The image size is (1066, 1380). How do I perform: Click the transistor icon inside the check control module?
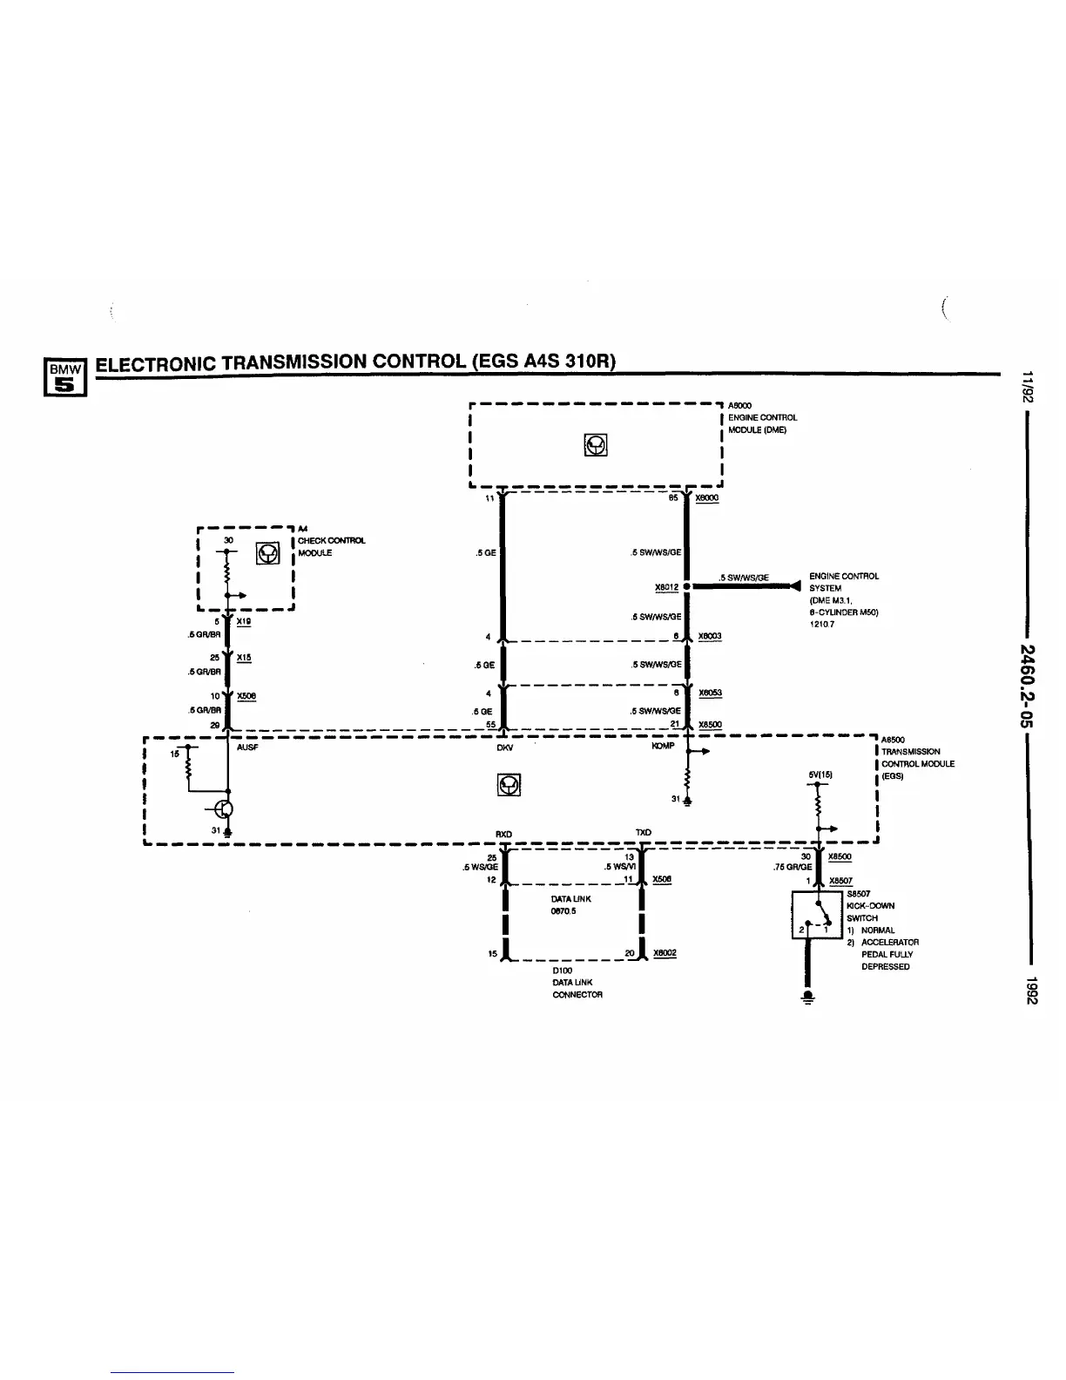coord(267,553)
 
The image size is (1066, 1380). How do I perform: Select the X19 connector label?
coord(244,621)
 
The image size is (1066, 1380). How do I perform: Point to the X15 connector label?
coord(244,658)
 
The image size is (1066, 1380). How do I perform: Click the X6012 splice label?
coord(666,587)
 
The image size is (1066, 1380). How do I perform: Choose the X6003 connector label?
coord(710,636)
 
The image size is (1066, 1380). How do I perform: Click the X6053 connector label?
coord(710,693)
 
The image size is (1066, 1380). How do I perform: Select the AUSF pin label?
coord(247,747)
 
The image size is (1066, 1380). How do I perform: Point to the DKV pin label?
coord(504,747)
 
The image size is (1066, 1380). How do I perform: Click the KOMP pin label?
coord(663,746)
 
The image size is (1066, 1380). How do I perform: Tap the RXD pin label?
coord(503,834)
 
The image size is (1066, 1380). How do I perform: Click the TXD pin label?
coord(644,833)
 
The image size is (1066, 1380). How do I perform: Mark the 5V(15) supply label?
coord(821,774)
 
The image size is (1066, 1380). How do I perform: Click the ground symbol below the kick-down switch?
coord(808,998)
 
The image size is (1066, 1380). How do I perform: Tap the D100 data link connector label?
coord(562,970)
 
